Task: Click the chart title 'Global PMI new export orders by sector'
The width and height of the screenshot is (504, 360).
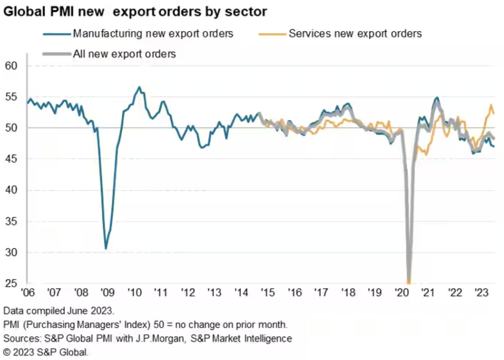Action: click(x=135, y=12)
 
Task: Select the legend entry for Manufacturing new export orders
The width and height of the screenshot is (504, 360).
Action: click(x=153, y=34)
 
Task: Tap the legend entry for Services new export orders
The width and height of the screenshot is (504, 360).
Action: click(x=355, y=34)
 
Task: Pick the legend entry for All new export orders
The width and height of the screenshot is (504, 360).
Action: click(x=124, y=54)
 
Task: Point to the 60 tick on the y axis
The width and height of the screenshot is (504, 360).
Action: click(x=11, y=66)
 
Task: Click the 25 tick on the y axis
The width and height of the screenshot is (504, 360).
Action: click(x=11, y=283)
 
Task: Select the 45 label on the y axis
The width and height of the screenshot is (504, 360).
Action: click(x=11, y=159)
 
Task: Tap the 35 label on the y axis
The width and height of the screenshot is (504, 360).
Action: click(x=11, y=221)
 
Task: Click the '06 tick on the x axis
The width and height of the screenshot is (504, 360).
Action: click(x=28, y=293)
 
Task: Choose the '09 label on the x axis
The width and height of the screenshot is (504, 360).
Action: click(x=108, y=293)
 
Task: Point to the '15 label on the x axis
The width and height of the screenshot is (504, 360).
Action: click(x=268, y=293)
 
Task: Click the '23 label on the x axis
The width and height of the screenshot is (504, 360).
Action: click(x=481, y=293)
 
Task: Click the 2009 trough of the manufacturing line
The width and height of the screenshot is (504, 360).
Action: click(x=106, y=249)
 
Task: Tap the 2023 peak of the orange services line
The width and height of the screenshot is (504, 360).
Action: click(x=491, y=105)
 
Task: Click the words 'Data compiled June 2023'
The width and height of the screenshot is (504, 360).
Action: click(x=59, y=311)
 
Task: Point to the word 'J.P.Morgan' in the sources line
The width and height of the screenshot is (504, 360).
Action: click(x=160, y=339)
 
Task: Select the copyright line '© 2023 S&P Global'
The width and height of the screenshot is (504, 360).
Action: click(x=46, y=352)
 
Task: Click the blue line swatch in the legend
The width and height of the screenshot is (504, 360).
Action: click(x=57, y=34)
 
